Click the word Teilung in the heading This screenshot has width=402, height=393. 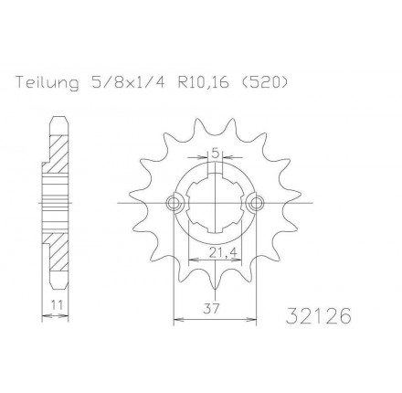[47, 82]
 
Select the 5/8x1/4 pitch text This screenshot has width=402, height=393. [125, 82]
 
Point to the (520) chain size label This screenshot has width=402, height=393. [263, 82]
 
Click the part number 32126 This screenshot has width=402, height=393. [318, 315]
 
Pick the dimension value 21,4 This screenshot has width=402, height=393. [223, 251]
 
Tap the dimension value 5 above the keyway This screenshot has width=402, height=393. [215, 154]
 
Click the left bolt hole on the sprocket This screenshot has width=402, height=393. [174, 203]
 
